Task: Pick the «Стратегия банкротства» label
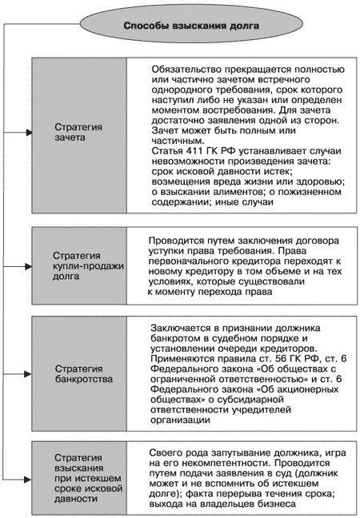78,375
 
